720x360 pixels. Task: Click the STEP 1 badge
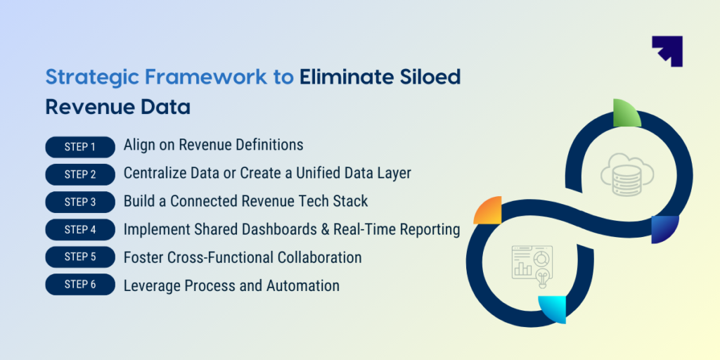tap(80, 147)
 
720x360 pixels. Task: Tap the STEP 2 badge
tap(80, 174)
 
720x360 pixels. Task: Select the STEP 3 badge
tap(80, 202)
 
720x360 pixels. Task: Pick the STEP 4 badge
tap(80, 230)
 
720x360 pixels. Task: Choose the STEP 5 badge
tap(80, 257)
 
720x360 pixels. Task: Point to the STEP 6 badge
tap(80, 285)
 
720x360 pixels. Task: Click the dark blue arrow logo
tap(667, 51)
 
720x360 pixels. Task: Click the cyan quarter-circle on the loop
tap(553, 309)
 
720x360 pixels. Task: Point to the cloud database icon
tap(626, 174)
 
